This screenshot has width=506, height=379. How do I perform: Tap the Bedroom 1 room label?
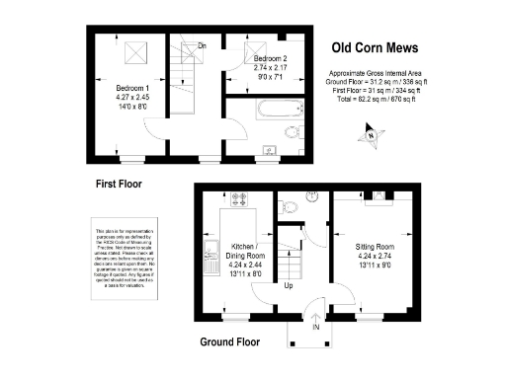128,88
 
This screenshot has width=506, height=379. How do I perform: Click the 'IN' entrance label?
315,326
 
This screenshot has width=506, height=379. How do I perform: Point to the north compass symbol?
375,130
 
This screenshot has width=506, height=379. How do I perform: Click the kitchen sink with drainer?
211,257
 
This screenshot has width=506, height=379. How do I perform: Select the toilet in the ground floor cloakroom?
289,206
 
